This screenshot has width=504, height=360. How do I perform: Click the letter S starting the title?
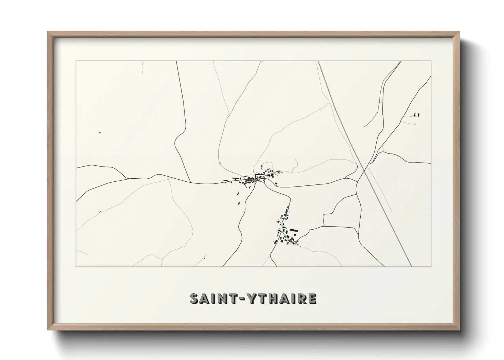pos(195,299)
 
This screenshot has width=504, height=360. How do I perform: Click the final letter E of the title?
pos(312,299)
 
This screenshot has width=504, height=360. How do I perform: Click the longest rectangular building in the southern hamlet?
pos(294,230)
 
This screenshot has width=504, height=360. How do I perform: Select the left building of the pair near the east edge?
pos(415,114)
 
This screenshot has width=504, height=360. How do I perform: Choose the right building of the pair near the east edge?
pos(419,115)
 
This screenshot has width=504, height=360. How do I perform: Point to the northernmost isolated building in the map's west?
pos(100,132)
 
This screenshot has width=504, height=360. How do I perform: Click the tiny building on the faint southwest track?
pos(100,212)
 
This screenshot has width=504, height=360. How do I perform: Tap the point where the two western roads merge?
pos(127,178)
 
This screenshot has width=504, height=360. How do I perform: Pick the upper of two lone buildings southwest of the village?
pos(238,194)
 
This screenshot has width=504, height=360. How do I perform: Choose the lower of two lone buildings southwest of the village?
pos(239,203)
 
